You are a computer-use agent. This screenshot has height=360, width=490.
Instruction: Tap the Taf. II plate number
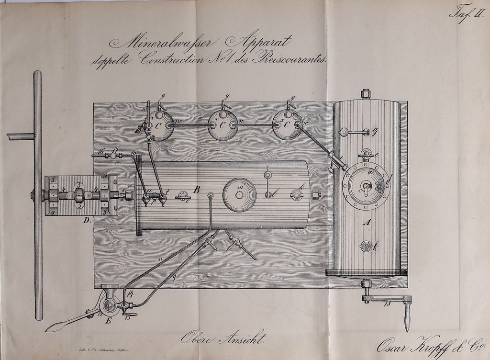[468, 11]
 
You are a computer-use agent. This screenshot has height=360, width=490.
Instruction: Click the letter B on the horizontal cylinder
[197, 190]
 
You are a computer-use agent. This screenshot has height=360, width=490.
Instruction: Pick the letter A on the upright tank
[367, 222]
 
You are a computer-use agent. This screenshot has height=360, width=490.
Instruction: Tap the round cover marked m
[239, 194]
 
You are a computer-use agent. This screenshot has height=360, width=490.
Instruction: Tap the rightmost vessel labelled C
[287, 124]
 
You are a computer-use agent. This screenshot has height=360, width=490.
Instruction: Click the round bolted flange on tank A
[367, 186]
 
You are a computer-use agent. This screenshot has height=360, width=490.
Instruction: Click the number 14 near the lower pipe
[131, 293]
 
